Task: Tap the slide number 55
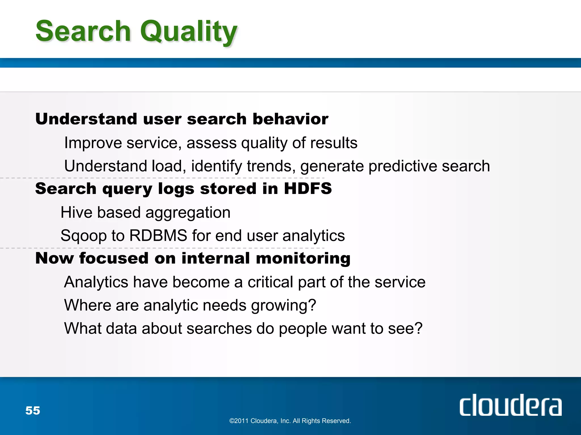click(33, 410)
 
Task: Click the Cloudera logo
click(510, 406)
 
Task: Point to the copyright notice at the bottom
click(290, 421)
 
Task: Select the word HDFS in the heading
click(308, 189)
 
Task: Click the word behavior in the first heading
click(290, 119)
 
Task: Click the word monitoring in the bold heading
click(303, 259)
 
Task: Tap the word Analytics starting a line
click(96, 282)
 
